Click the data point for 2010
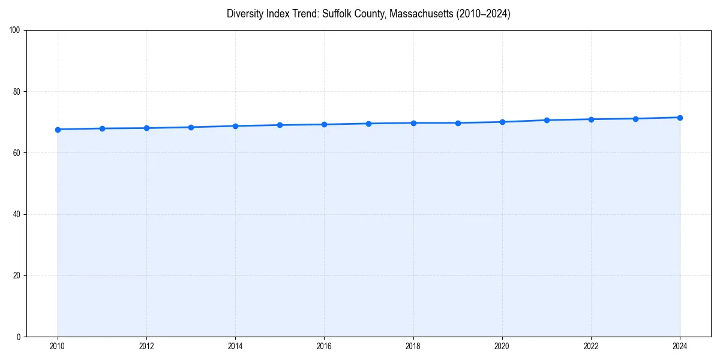[x=58, y=130]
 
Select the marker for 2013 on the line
[x=191, y=127]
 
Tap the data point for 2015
[x=280, y=125]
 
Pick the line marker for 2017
[x=368, y=124]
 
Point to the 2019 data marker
[x=458, y=123]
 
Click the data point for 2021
[x=547, y=120]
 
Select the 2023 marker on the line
[x=635, y=119]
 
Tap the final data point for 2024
[x=680, y=118]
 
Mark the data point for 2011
[x=102, y=128]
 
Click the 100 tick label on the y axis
[x=16, y=31]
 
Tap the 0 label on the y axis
[x=19, y=337]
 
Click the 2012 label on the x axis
[x=146, y=346]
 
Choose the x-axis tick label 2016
[x=324, y=346]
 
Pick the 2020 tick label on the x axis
[x=502, y=346]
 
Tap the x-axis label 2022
[x=591, y=346]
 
